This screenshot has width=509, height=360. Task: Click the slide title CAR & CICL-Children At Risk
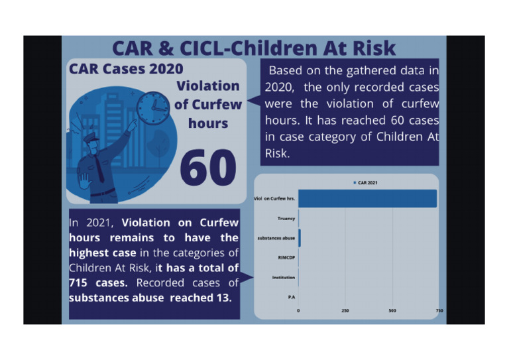click(x=254, y=48)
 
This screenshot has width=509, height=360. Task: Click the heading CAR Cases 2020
click(x=127, y=69)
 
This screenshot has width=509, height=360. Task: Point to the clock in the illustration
click(x=152, y=107)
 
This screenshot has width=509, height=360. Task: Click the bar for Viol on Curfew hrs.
click(x=367, y=198)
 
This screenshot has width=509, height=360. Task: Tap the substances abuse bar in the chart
click(x=300, y=237)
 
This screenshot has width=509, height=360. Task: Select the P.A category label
click(x=290, y=296)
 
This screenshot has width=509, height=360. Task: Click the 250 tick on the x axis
click(x=345, y=310)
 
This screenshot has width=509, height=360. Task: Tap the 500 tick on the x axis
click(x=392, y=310)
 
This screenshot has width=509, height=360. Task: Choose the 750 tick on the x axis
click(x=439, y=310)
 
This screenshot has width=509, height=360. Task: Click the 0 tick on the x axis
click(x=298, y=310)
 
